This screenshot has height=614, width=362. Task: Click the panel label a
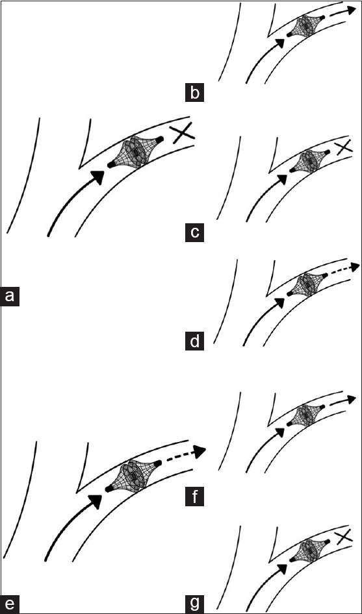pyautogui.click(x=9, y=296)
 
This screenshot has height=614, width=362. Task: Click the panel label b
pyautogui.click(x=194, y=93)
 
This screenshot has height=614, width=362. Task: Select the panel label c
pyautogui.click(x=194, y=232)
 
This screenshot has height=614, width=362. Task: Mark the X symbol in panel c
pyautogui.click(x=344, y=147)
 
